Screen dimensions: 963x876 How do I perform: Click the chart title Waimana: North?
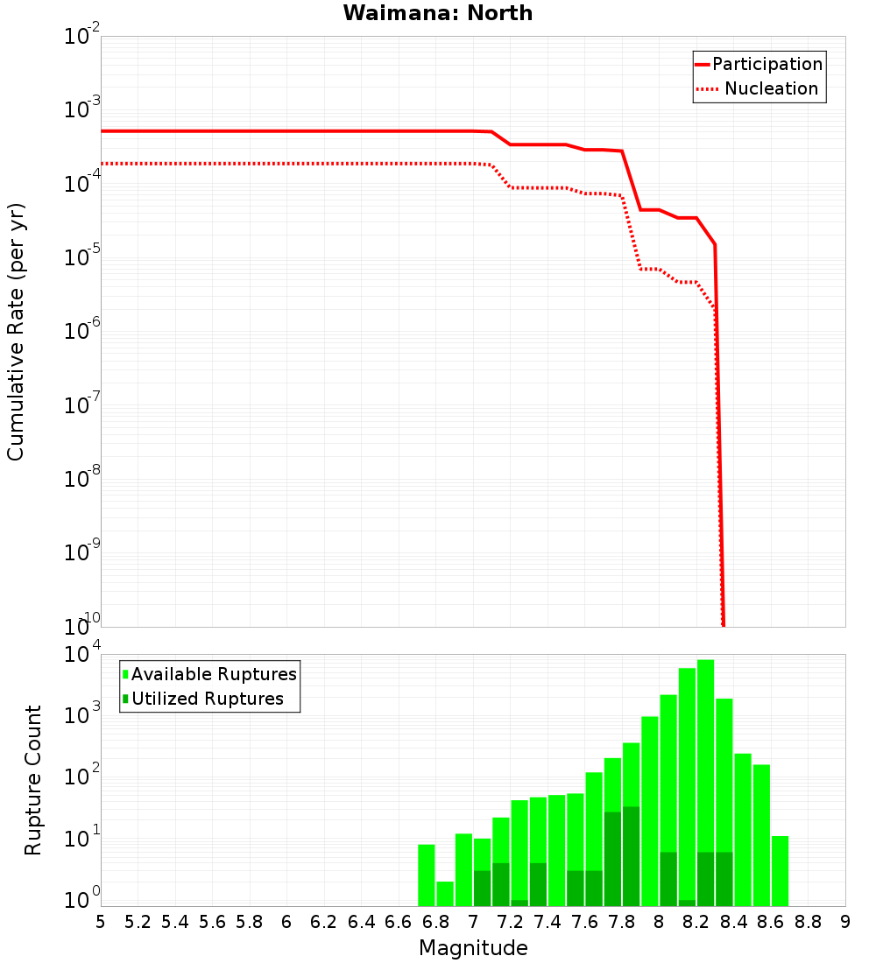click(x=437, y=13)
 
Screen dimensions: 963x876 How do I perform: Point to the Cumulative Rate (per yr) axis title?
click(x=16, y=332)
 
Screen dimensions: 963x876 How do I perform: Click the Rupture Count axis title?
click(x=33, y=780)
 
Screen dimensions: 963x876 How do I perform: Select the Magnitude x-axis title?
click(x=473, y=948)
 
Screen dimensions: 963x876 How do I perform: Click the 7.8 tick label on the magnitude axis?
click(x=622, y=922)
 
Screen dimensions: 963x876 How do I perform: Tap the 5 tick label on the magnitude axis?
click(x=101, y=922)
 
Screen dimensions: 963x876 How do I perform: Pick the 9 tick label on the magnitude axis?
click(x=845, y=922)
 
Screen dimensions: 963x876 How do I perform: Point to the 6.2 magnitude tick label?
click(x=324, y=922)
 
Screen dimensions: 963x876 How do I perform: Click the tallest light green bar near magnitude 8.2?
click(x=705, y=753)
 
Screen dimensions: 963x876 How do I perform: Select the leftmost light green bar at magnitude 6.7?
click(x=426, y=875)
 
